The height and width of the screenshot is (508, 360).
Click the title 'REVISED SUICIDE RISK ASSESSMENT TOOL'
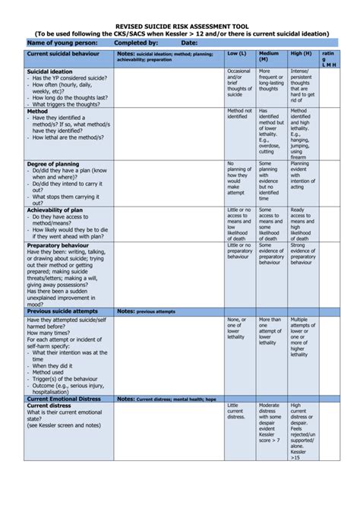coord(180,25)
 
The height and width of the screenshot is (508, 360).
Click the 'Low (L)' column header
coord(237,55)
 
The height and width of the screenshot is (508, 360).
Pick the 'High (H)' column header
coord(301,55)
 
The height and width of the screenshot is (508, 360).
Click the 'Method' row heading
coord(37,111)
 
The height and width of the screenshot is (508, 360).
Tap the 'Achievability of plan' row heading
coord(55,210)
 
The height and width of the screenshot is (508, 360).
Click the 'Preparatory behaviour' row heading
coord(58,245)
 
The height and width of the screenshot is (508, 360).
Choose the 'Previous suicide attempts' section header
coord(65,311)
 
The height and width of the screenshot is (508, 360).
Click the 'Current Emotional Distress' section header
coord(64,399)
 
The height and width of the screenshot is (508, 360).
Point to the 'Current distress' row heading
coord(49,406)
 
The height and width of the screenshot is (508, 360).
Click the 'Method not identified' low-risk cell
coord(239,114)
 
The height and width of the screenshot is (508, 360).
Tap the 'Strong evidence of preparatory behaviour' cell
coord(302,254)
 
